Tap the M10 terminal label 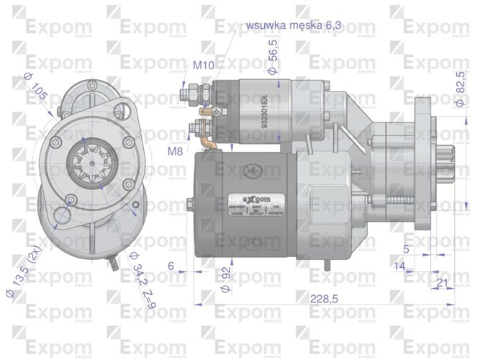point(203,66)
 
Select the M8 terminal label point(175,152)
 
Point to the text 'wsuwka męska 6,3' point(293,24)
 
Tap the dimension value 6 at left point(171,266)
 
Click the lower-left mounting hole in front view point(64,214)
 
